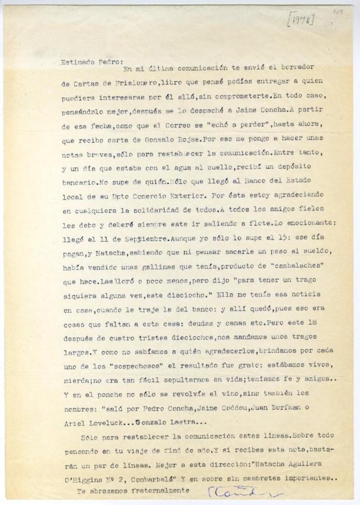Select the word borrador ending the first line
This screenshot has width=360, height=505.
pos(297,67)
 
